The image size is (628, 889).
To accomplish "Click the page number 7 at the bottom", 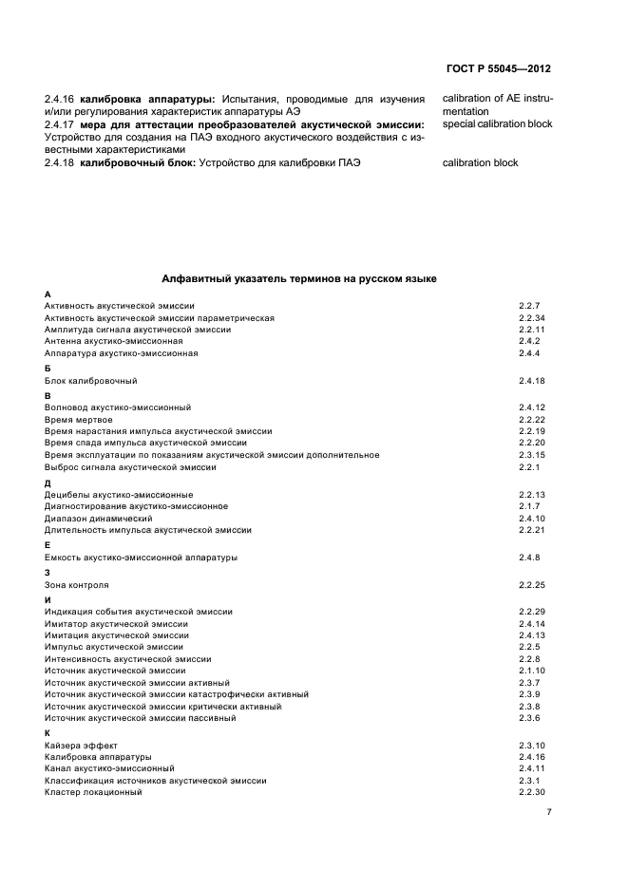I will tap(549, 812).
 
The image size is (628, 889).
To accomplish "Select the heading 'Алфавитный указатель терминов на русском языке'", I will tap(299, 280).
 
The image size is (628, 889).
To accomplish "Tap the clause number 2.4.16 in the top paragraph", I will tap(61, 98).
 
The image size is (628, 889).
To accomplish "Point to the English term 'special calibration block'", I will tap(497, 123).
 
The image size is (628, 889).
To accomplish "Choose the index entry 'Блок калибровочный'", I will tap(91, 381).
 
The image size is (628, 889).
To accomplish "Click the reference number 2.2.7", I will tap(529, 306).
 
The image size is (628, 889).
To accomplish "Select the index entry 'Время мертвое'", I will tap(79, 419).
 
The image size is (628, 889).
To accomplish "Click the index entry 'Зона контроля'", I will tap(77, 585).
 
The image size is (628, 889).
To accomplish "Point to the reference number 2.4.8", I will tap(529, 557).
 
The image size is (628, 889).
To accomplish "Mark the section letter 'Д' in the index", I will tap(48, 483).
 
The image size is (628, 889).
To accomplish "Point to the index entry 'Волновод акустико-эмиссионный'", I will tap(118, 407).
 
